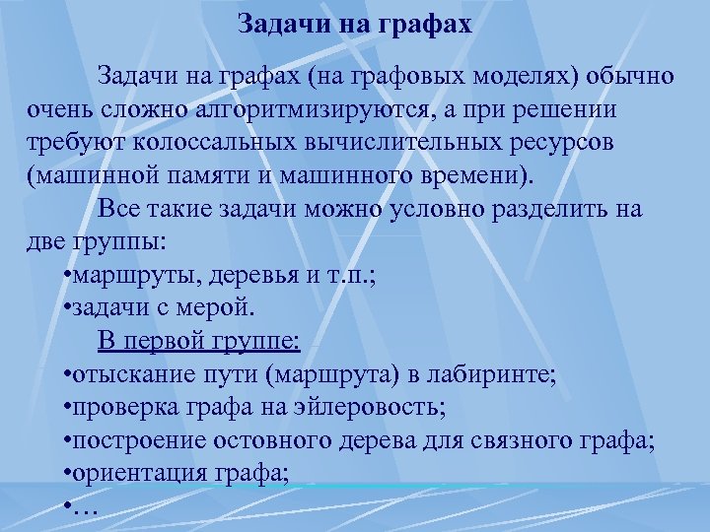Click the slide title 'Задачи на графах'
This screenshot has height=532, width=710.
355,24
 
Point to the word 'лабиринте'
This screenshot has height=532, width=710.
498,375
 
